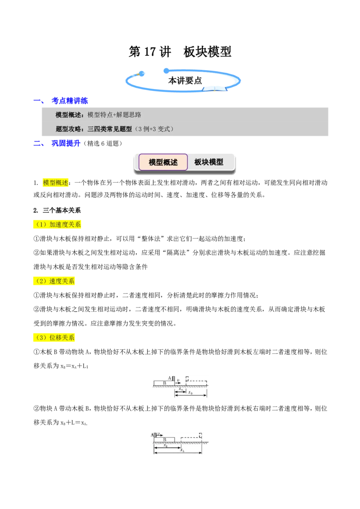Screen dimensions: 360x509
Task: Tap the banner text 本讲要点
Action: point(185,80)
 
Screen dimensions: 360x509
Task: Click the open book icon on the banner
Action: point(215,88)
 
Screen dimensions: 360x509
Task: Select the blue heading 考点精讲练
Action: point(70,101)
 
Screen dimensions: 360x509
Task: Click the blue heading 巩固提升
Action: point(66,143)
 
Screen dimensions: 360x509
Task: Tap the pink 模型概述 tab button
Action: point(163,162)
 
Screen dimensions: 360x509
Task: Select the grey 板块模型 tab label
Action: point(209,162)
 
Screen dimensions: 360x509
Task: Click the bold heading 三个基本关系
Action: point(62,210)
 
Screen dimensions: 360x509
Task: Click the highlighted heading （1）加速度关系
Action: point(57,224)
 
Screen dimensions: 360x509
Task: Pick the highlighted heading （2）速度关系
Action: point(54,281)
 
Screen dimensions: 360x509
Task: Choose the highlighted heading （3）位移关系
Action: point(54,337)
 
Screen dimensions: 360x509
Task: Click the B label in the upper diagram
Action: point(164,383)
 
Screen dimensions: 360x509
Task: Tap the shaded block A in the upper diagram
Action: point(173,379)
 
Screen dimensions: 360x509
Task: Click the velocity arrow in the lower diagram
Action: point(160,435)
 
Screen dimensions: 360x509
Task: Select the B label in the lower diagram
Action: point(165,440)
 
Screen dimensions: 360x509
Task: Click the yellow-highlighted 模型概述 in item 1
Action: point(55,183)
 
